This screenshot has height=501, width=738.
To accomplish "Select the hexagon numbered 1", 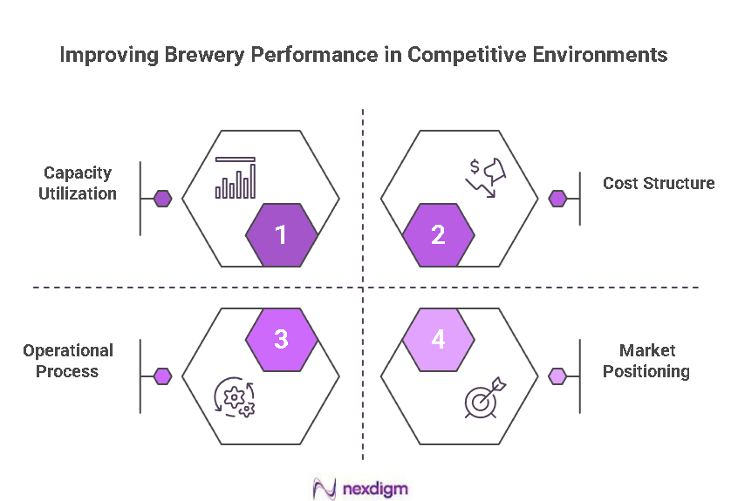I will [x=281, y=234].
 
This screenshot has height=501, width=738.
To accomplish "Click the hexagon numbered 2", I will [x=439, y=234].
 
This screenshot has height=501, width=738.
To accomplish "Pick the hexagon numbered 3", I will [x=281, y=339].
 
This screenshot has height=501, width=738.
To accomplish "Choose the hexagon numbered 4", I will [x=439, y=339].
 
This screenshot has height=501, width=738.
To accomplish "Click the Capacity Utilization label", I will [x=78, y=183].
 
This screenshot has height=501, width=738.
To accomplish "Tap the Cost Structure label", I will [x=659, y=183].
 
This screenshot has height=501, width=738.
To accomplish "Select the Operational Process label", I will [x=68, y=361].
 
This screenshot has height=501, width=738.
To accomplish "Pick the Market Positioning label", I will [x=654, y=361].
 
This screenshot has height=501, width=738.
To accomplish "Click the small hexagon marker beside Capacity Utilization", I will [x=163, y=199].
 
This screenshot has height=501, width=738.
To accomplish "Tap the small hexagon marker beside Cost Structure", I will [x=557, y=199].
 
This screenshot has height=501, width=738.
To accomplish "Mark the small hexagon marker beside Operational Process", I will [x=163, y=376].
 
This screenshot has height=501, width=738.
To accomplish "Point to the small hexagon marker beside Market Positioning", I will [x=557, y=376].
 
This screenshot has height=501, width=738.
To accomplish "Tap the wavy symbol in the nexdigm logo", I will [x=325, y=489].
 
